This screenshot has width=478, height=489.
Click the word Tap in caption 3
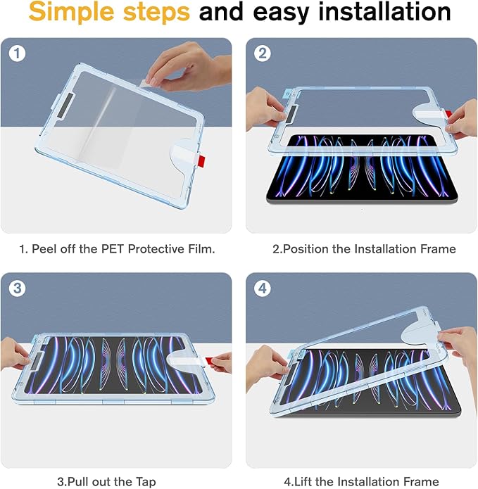(145, 482)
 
